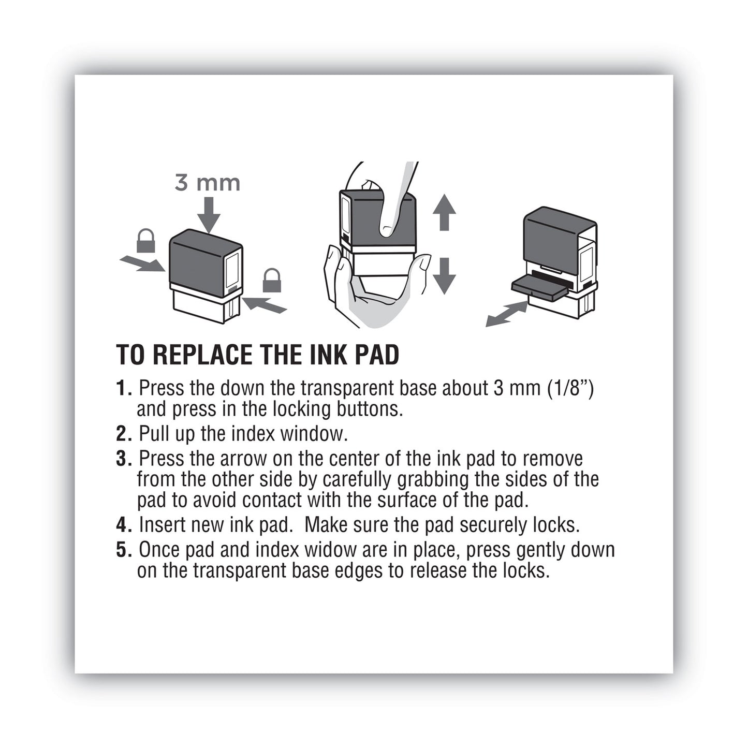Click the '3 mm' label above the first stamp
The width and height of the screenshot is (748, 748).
coord(207,183)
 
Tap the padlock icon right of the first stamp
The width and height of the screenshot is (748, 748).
coord(272,281)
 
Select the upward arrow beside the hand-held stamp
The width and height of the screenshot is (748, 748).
coord(444,212)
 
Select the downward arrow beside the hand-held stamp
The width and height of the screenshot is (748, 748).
coord(444,275)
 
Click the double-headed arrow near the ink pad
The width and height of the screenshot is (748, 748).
coord(507,314)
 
